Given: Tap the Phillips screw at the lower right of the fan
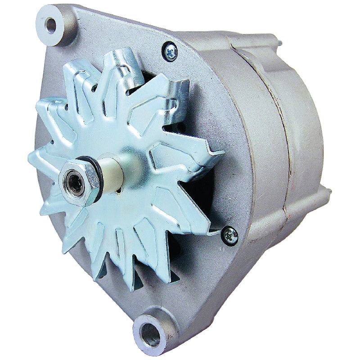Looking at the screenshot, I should point(230,234).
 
